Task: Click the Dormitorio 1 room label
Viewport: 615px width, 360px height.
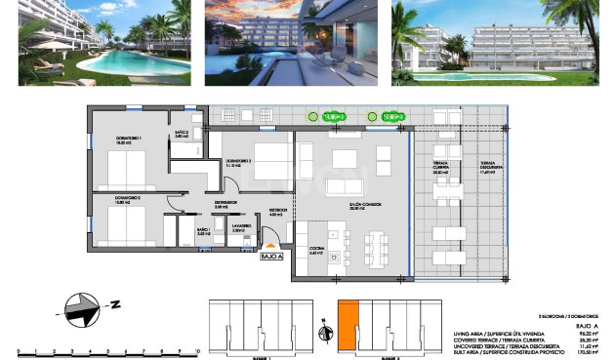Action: [128, 140]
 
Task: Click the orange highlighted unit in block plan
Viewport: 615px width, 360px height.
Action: [348, 325]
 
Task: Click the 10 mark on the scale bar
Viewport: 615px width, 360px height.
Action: [197, 348]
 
